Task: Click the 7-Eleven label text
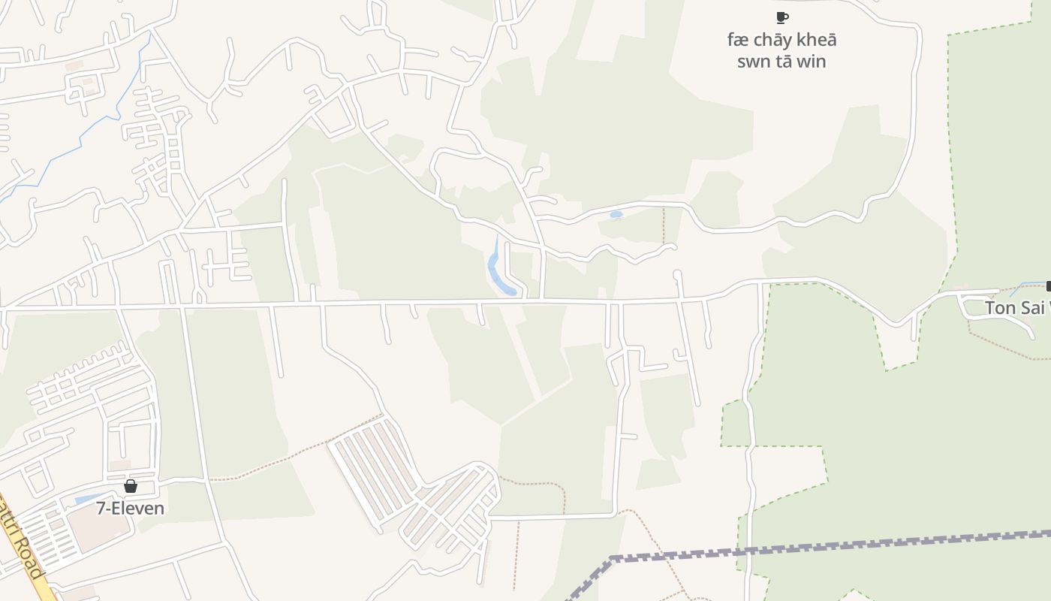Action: pyautogui.click(x=130, y=508)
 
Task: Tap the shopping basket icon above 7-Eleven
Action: pyautogui.click(x=131, y=486)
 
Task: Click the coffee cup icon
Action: pyautogui.click(x=781, y=17)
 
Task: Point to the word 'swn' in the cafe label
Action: pyautogui.click(x=753, y=62)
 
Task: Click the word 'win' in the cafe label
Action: pyautogui.click(x=811, y=62)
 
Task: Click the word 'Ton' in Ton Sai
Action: pyautogui.click(x=999, y=308)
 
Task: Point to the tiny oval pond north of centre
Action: pyautogui.click(x=616, y=215)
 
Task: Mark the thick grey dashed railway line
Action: pyautogui.click(x=826, y=547)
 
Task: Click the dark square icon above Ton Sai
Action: pyautogui.click(x=1048, y=286)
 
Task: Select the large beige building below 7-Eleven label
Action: pyautogui.click(x=98, y=529)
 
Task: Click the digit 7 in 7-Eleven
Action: pyautogui.click(x=101, y=508)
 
